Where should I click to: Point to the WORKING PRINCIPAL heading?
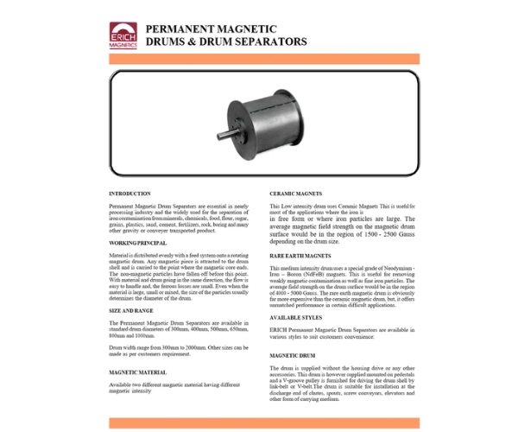137,244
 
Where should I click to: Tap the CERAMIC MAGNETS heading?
296,194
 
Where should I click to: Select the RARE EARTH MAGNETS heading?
301,257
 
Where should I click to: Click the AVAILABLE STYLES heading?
299,316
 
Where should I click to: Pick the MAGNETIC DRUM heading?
295,355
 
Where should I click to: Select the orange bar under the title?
264,59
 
